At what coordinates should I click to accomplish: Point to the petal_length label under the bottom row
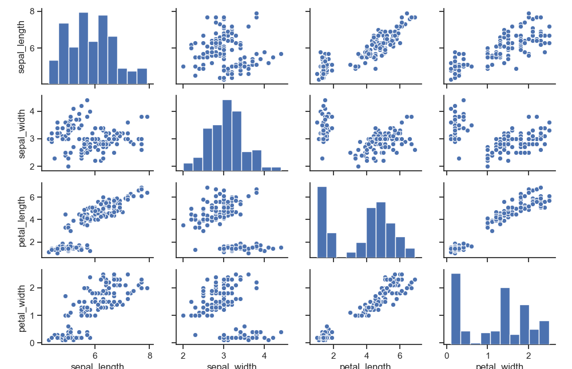pyautogui.click(x=366, y=366)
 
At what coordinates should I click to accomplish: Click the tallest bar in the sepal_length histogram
pyautogui.click(x=84, y=49)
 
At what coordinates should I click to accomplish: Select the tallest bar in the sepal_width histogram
pyautogui.click(x=227, y=135)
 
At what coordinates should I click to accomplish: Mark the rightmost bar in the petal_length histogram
pyautogui.click(x=410, y=253)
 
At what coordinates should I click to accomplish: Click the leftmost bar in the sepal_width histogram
pyautogui.click(x=188, y=167)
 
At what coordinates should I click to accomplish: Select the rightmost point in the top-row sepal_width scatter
pyautogui.click(x=281, y=54)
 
